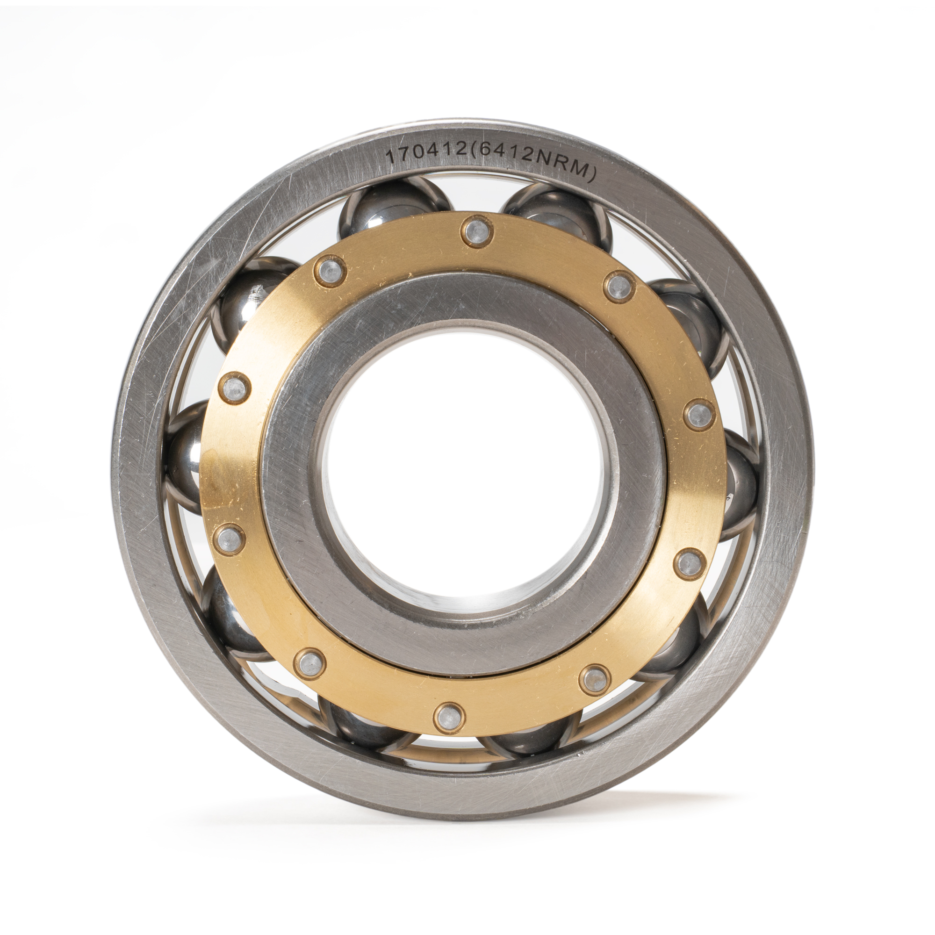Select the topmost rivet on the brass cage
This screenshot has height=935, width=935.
[477, 232]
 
